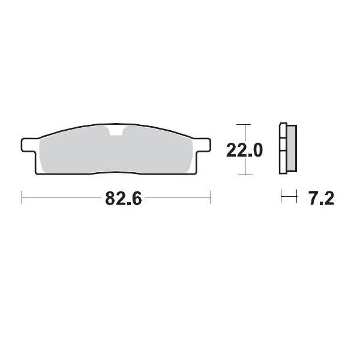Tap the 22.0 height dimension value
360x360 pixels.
click(x=244, y=150)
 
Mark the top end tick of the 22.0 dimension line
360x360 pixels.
click(x=242, y=125)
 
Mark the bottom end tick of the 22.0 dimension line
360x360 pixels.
click(x=242, y=175)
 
